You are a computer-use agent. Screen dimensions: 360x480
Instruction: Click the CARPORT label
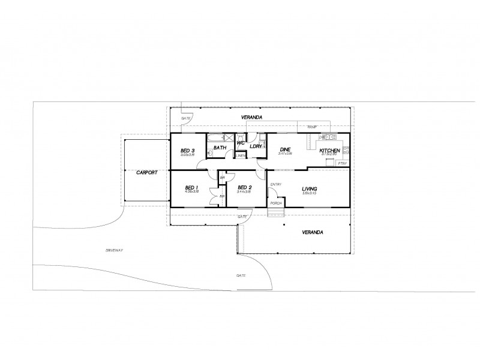(x=146, y=172)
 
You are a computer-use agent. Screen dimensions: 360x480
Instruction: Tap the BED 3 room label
(x=188, y=150)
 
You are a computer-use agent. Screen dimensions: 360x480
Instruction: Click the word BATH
(x=220, y=147)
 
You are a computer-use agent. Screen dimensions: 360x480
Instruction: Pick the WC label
(x=240, y=143)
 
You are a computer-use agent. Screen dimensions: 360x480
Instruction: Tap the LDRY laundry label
(x=256, y=146)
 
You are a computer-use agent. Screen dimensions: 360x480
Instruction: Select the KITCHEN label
(x=329, y=150)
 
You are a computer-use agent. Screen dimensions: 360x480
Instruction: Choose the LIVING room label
(x=308, y=188)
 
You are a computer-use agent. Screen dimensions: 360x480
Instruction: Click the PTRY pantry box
(x=343, y=163)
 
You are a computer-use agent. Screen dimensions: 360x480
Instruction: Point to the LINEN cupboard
(x=241, y=155)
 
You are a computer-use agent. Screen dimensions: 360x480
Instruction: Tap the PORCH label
(x=276, y=203)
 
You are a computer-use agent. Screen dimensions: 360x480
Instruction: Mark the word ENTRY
(x=276, y=184)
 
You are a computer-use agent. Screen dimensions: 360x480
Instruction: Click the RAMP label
(x=312, y=128)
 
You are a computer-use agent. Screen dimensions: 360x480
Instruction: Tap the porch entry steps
(x=275, y=212)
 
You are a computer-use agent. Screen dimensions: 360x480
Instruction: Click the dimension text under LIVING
(x=308, y=193)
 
